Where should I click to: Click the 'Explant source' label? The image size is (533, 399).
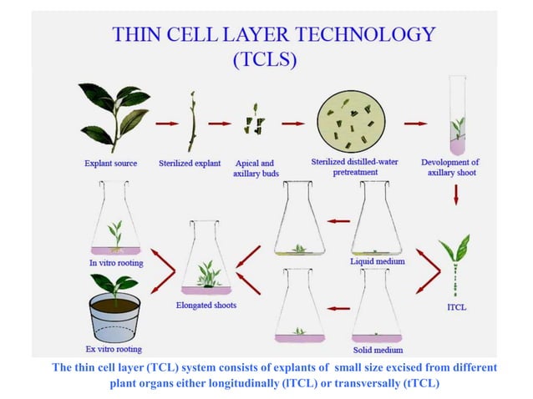pos(111,164)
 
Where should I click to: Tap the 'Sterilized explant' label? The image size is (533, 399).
pos(190,164)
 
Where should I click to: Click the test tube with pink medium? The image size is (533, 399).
pos(457,115)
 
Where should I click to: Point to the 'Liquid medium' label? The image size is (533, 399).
pos(378,261)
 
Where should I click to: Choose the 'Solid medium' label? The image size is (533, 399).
pos(378,350)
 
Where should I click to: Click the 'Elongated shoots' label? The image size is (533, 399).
pos(206,305)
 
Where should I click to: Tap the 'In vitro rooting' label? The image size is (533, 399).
pos(116,263)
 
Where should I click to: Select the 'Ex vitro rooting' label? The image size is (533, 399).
pos(114,349)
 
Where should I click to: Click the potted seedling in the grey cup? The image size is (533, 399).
pos(114,308)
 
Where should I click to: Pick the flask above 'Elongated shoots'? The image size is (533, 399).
pos(206,257)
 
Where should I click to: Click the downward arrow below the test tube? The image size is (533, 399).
pos(456,194)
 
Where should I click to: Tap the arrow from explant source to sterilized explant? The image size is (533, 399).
pos(167,124)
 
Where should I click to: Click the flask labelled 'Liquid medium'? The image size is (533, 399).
pos(377,218)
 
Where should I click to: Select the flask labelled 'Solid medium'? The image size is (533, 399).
pos(377,306)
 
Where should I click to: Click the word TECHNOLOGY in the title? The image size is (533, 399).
pos(365,34)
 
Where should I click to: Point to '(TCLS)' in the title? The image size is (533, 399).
pos(265,59)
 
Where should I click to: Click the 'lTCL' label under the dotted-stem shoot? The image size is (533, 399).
pos(456,307)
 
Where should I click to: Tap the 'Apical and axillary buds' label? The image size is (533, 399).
pos(256,169)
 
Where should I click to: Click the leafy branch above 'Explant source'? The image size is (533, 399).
pos(114,118)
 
